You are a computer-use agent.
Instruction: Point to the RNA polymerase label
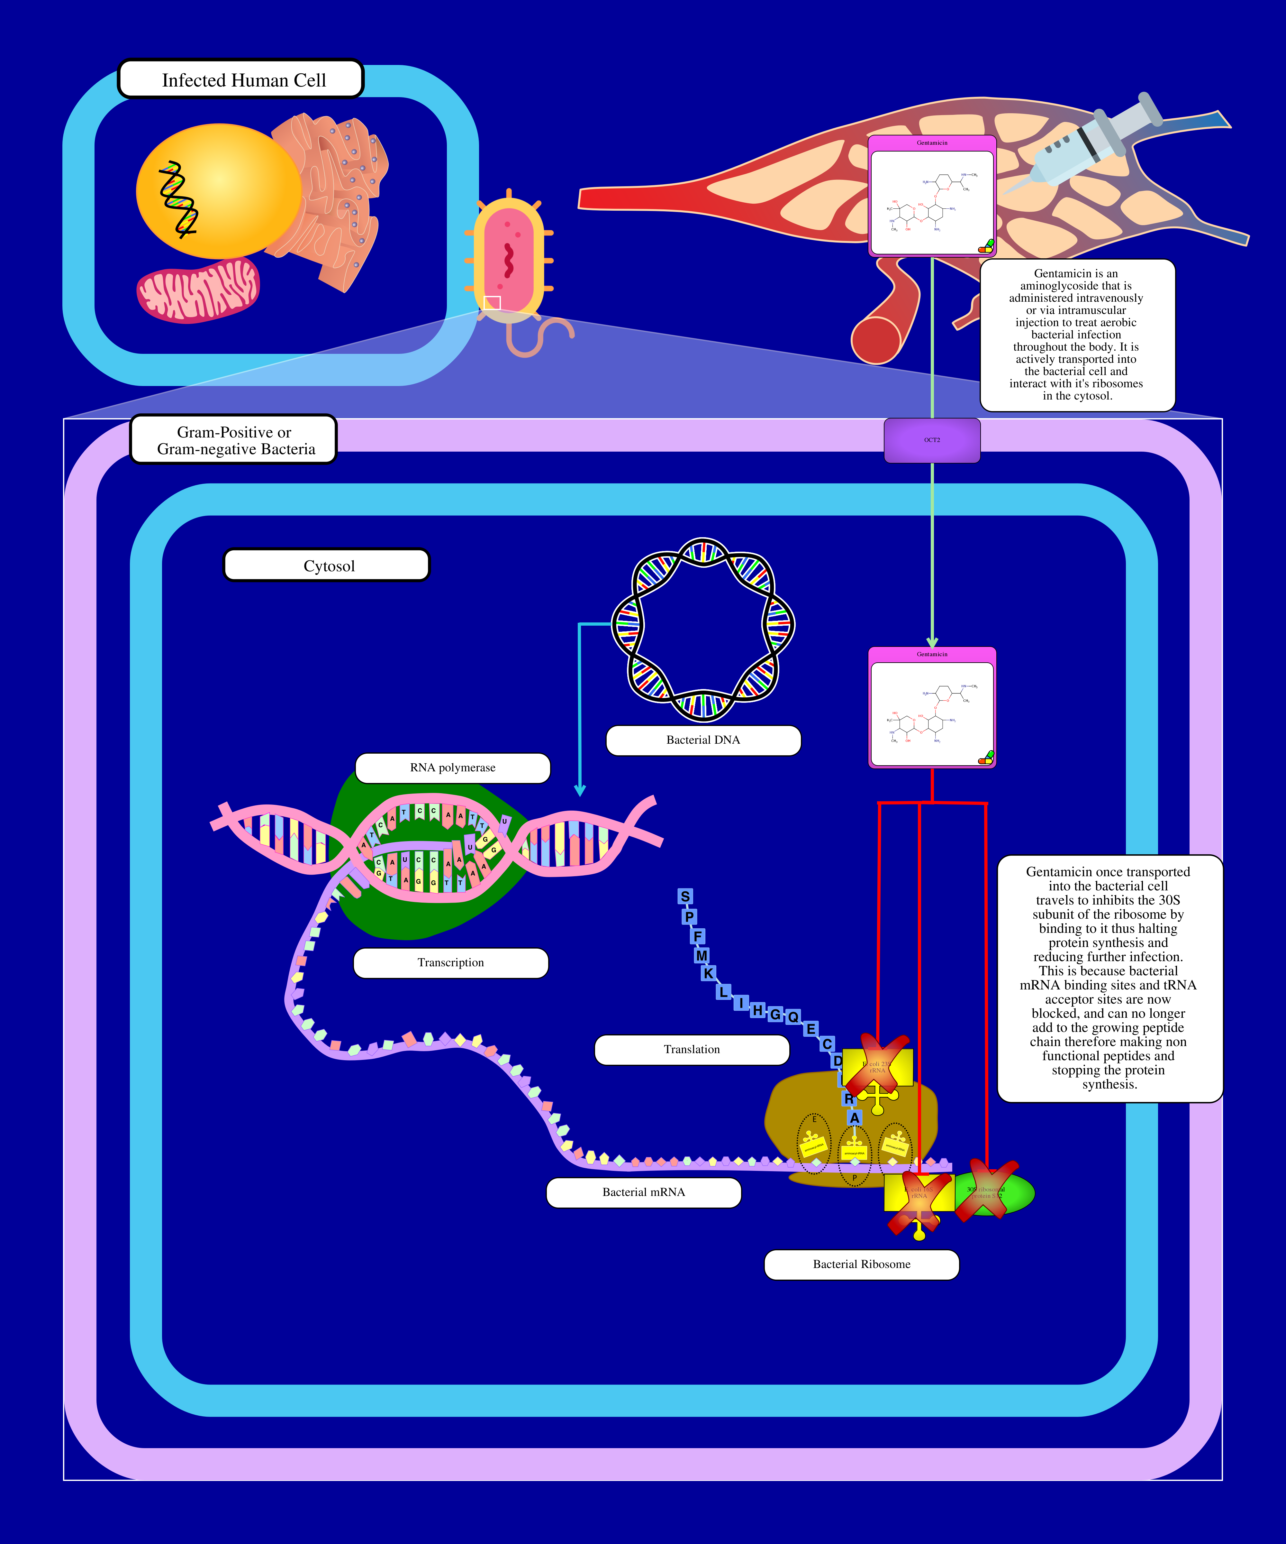point(453,767)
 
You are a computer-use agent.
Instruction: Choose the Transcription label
point(450,962)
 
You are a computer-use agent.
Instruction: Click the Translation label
point(692,1049)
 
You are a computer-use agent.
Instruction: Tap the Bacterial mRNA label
point(644,1192)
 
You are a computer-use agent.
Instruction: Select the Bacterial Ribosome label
point(861,1264)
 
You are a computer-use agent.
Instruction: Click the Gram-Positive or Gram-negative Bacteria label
point(234,440)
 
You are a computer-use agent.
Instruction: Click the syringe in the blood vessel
point(1088,147)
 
